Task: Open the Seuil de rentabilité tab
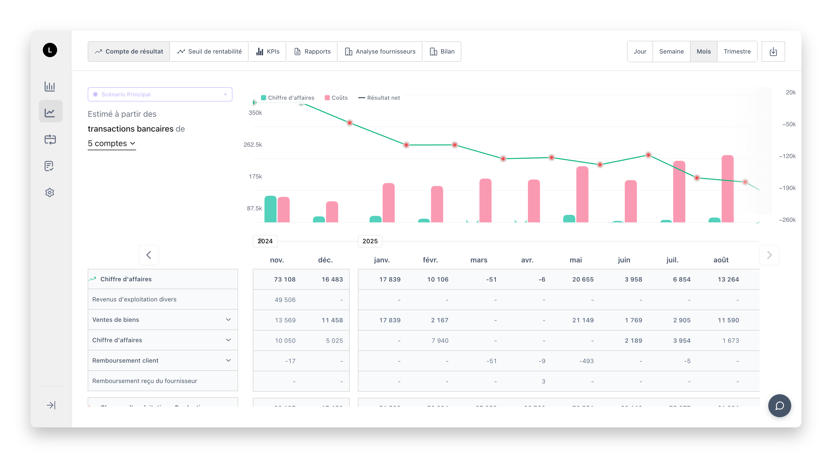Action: tap(210, 52)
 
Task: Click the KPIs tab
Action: tap(268, 52)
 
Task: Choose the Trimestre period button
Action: tap(737, 52)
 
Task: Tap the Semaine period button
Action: tap(671, 52)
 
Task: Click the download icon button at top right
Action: tap(773, 52)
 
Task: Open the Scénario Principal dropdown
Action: tap(160, 94)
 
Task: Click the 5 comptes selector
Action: tap(111, 143)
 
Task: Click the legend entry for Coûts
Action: tap(336, 98)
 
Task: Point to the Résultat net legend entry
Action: tap(379, 98)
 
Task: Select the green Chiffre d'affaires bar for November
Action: tap(270, 209)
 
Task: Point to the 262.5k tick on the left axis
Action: tap(253, 145)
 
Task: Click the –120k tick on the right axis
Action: tap(787, 156)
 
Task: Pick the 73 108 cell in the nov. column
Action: tap(284, 279)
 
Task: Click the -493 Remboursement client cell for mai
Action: tap(586, 361)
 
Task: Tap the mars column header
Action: tap(479, 260)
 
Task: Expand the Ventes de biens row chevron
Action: tap(228, 320)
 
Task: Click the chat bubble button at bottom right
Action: tap(779, 406)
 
